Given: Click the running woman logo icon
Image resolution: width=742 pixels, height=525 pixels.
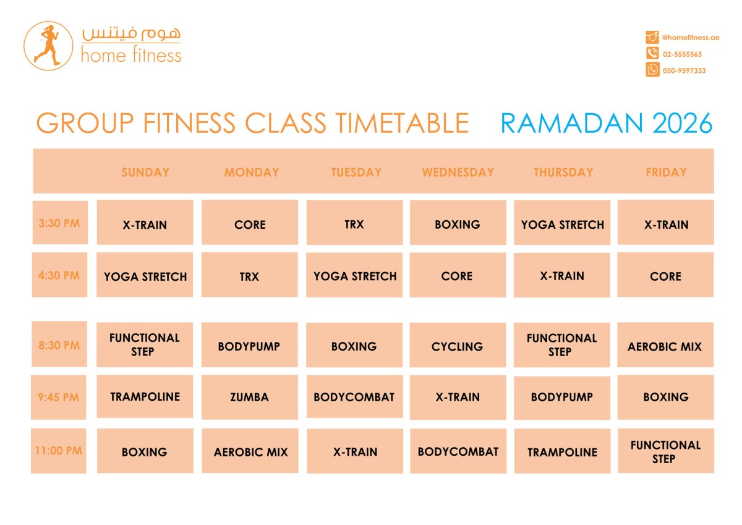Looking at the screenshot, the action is pos(48,46).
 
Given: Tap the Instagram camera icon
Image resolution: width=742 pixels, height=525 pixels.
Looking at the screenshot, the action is pos(652,37).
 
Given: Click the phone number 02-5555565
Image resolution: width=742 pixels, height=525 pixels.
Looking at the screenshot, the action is pos(682,54).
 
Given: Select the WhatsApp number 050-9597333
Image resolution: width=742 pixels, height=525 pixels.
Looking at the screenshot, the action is pos(684,70).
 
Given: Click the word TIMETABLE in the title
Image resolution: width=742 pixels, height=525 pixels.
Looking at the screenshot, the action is pos(402,123).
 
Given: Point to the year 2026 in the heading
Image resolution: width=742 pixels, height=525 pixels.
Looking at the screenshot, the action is pos(683,123).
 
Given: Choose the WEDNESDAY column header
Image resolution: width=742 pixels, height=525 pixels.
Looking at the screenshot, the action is pos(458,173).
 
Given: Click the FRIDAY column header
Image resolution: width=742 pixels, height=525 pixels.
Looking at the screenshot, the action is pos(666,173).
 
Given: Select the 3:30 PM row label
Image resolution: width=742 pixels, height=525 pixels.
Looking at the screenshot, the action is pos(60,222).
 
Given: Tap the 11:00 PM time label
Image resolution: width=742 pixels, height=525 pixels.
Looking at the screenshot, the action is pos(59,450).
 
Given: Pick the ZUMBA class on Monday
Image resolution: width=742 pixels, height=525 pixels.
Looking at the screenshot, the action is pos(249,397).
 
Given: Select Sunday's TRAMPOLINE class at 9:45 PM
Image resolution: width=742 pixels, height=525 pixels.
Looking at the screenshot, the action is pos(145,396).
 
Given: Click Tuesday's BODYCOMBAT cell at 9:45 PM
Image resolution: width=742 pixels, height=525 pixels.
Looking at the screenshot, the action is pos(354,397).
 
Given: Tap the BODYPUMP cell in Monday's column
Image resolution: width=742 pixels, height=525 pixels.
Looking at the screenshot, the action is pos(249,345).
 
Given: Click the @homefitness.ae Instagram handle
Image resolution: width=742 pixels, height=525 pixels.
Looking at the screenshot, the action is pos(691,38).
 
